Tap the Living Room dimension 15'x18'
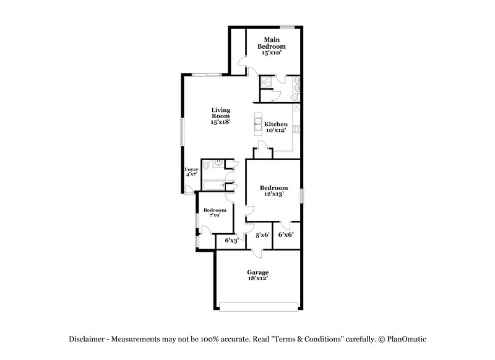(x=220, y=122)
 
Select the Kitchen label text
(x=276, y=124)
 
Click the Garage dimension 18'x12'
(x=257, y=278)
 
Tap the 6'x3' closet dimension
(x=231, y=240)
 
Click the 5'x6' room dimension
(x=262, y=234)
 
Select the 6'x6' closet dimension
(x=285, y=234)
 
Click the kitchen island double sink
(x=257, y=124)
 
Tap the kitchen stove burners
(x=297, y=129)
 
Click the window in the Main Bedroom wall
(x=286, y=27)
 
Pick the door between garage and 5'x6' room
(x=257, y=252)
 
